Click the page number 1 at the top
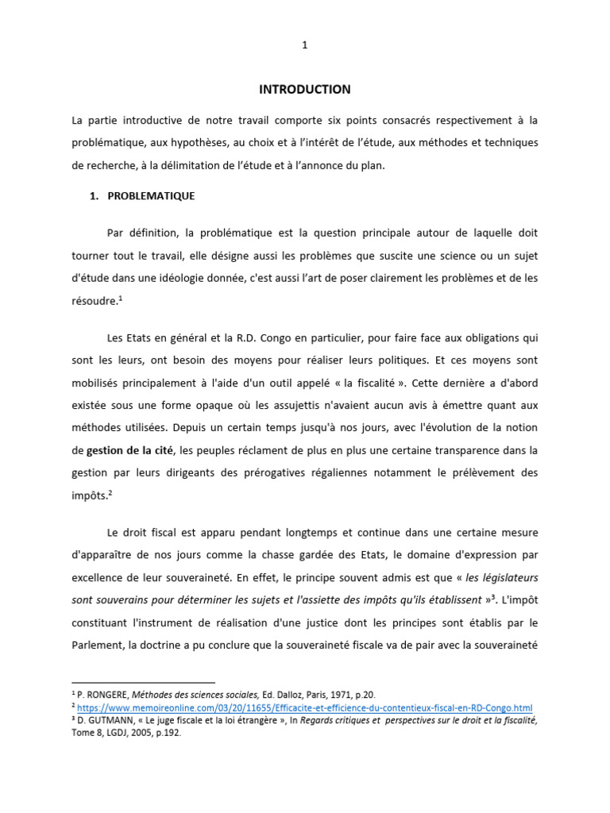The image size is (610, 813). (x=304, y=45)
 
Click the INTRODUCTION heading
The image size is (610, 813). (x=304, y=90)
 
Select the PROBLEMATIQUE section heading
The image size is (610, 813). (x=152, y=195)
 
